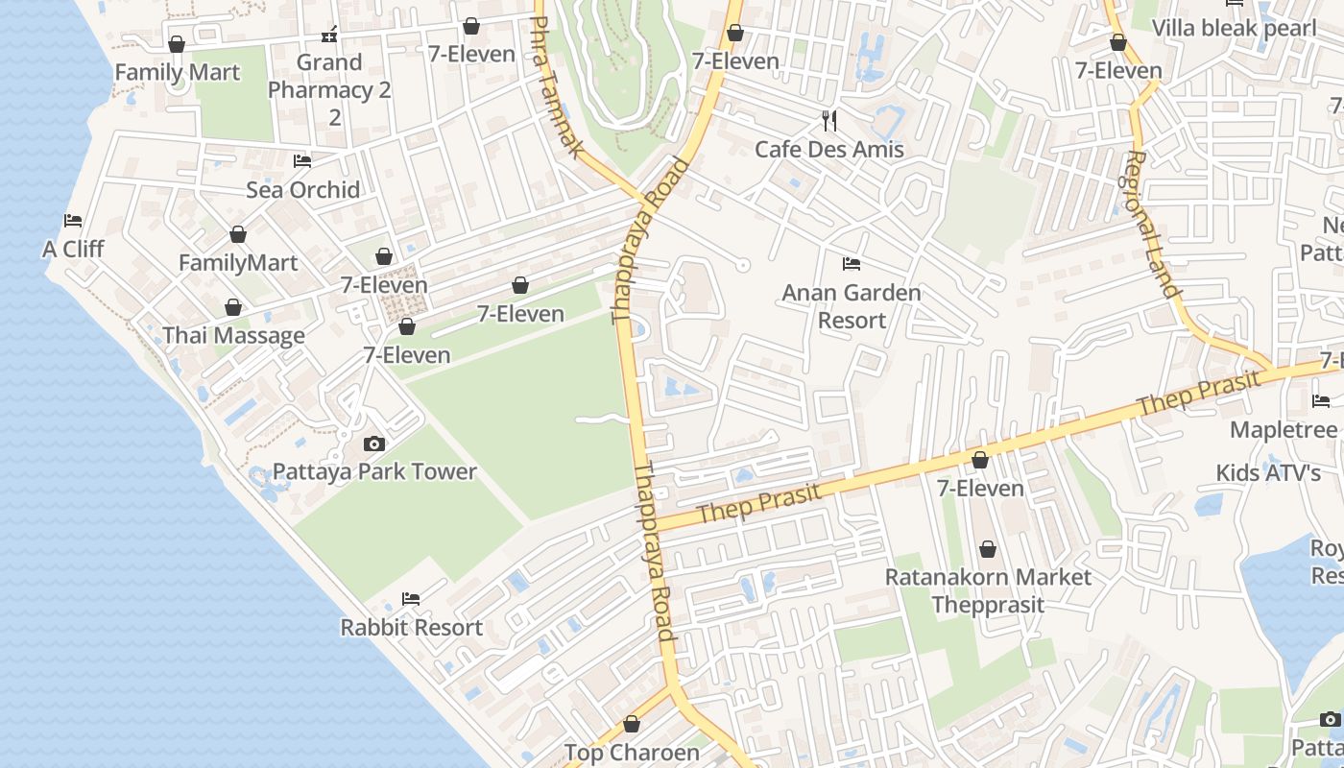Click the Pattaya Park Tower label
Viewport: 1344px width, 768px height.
pos(374,471)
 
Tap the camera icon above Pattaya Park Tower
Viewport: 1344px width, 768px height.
pos(374,444)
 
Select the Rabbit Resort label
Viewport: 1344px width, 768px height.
pos(411,627)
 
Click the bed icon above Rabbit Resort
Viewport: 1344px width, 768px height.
pos(411,599)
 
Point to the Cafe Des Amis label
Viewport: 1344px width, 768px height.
pos(829,149)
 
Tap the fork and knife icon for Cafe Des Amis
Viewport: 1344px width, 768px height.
pos(830,121)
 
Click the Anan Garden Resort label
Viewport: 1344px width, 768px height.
pos(852,306)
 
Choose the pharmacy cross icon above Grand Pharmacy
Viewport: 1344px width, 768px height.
pos(329,36)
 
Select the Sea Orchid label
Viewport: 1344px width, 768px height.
pos(303,189)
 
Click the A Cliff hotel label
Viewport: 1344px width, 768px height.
pos(73,249)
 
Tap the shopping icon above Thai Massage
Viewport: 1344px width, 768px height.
pos(233,307)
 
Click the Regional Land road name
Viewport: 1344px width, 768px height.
pos(1151,224)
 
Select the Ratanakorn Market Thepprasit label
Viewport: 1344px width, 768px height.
pos(988,590)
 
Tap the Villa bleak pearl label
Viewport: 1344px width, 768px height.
pos(1234,28)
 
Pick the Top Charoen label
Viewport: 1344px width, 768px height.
pos(632,753)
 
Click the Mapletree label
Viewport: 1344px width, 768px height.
pos(1284,429)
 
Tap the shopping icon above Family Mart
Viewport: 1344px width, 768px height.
pos(177,44)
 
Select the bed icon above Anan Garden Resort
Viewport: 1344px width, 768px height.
pos(851,264)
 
